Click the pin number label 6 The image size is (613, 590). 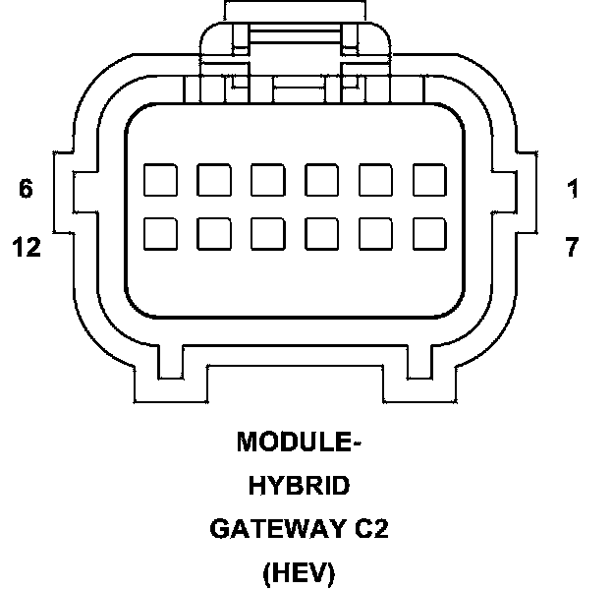[26, 189]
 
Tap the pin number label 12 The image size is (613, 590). [27, 247]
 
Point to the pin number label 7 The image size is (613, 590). [573, 247]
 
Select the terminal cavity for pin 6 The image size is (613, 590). [159, 180]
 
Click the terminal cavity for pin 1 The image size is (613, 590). [429, 180]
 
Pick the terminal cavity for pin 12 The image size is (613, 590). [159, 233]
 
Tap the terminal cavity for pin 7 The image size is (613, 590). [429, 233]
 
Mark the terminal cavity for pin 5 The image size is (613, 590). [213, 180]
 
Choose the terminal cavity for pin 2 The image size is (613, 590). [375, 180]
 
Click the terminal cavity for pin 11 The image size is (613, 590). [213, 233]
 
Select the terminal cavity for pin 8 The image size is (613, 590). [375, 233]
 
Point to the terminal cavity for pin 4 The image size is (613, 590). [267, 180]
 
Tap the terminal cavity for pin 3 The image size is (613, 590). [321, 180]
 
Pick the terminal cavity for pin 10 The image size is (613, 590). [267, 233]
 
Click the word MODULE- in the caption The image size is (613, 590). [300, 442]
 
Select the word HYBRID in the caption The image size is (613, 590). [300, 486]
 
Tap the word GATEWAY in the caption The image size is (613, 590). [271, 529]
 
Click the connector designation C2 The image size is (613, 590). [371, 529]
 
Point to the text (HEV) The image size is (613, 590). [300, 572]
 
